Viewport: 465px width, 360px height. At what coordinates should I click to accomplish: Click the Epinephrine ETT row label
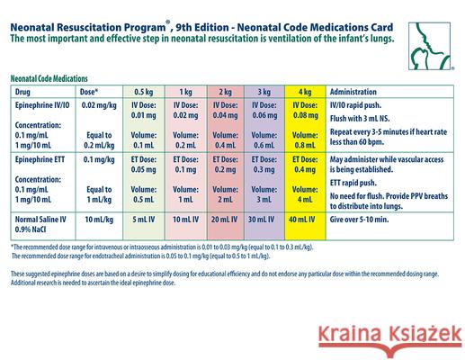coord(39,157)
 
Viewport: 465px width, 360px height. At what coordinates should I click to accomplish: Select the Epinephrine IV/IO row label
coord(41,105)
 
